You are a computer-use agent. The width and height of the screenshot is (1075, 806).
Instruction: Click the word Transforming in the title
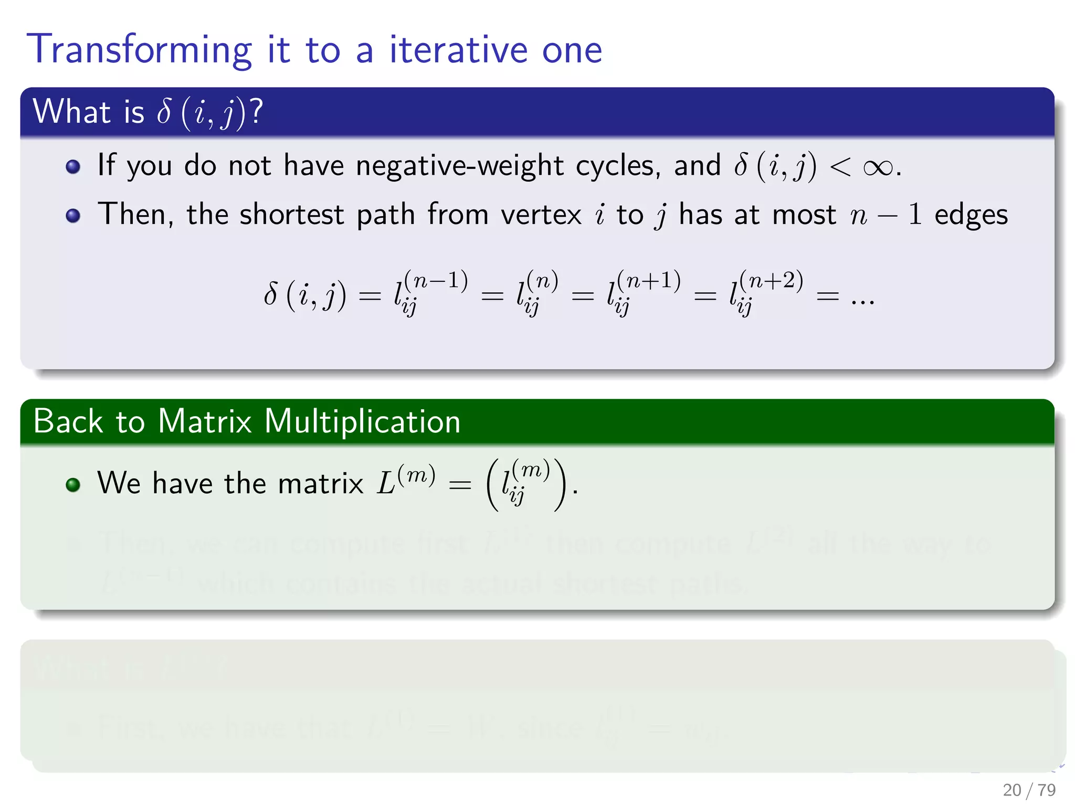point(139,50)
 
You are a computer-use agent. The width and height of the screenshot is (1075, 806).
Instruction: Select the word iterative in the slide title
point(458,49)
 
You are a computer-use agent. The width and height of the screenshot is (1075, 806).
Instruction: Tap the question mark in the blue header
point(256,111)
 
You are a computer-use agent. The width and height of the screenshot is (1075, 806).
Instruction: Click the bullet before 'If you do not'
point(73,167)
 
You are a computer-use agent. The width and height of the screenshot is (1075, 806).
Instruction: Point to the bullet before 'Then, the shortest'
point(73,216)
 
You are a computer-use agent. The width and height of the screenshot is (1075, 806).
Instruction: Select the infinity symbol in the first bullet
point(878,167)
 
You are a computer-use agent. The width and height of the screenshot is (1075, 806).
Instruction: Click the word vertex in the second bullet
point(541,215)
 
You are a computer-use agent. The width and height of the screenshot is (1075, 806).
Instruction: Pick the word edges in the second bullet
point(971,215)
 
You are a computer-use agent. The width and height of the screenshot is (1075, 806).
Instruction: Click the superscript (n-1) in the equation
point(436,280)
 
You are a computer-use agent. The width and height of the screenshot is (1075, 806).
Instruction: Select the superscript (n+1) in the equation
point(649,280)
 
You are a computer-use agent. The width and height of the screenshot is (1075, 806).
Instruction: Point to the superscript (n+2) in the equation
point(771,280)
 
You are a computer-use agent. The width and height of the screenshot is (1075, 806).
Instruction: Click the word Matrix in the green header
point(205,421)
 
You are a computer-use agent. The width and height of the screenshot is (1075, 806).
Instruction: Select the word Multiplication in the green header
point(362,421)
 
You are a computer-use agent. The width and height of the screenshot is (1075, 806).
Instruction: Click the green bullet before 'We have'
point(73,484)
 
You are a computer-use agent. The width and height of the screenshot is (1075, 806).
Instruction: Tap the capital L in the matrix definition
point(386,483)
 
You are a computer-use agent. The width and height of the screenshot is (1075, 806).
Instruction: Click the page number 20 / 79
point(1029,790)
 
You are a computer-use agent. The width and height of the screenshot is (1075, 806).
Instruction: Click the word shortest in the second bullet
point(292,215)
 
